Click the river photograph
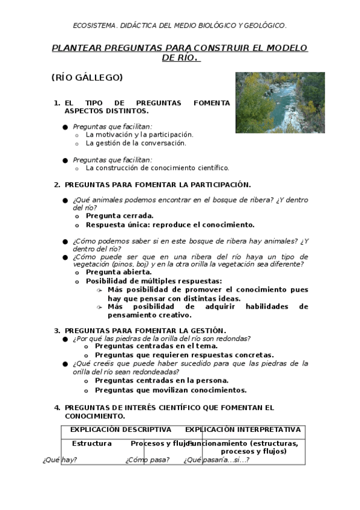click(279, 102)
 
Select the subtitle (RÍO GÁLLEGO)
click(87, 78)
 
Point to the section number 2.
click(57, 185)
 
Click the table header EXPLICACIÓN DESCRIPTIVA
click(121, 429)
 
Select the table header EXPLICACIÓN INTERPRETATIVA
click(243, 429)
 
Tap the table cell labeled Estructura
click(92, 443)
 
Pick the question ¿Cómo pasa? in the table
click(147, 460)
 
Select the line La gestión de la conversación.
click(136, 143)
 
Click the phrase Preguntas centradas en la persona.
click(162, 380)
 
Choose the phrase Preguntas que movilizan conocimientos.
click(171, 390)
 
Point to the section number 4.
click(57, 408)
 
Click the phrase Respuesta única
click(117, 224)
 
